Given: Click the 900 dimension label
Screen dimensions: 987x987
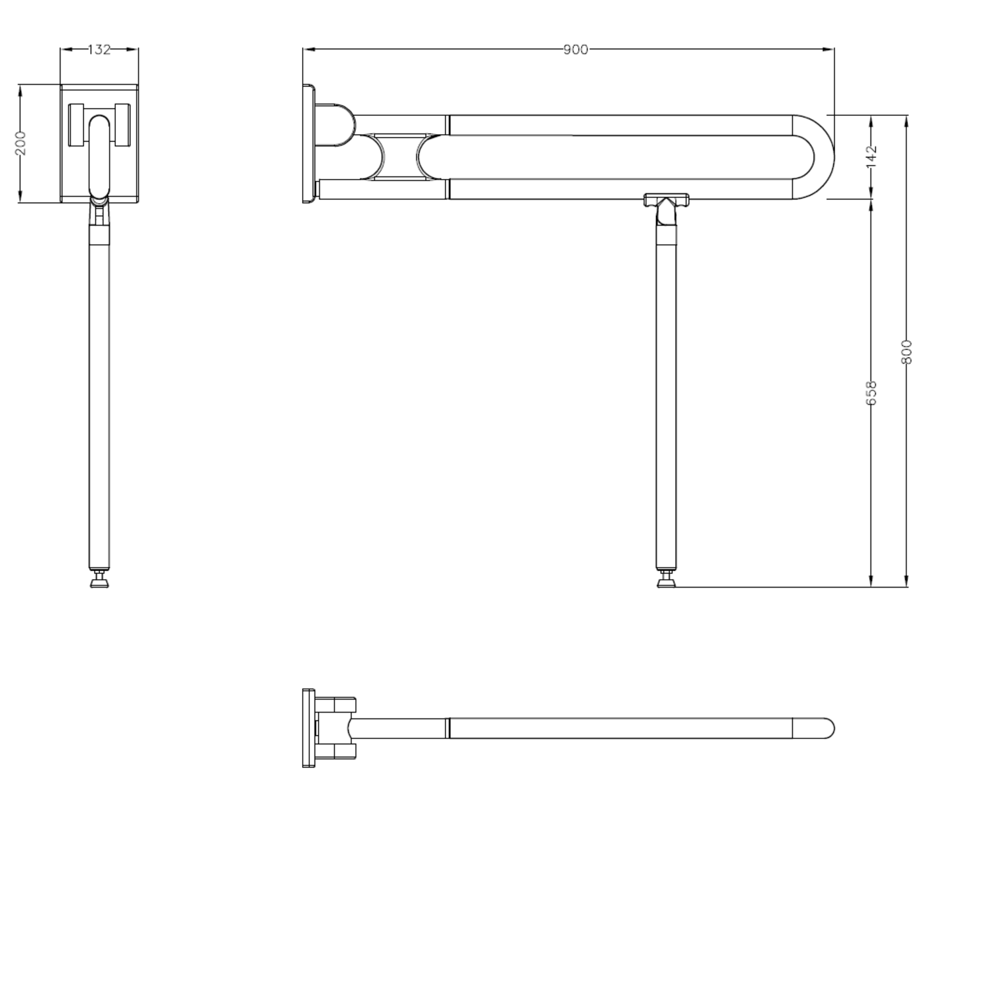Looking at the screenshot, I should [x=575, y=50].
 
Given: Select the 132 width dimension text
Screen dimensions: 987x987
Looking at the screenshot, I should [x=99, y=49].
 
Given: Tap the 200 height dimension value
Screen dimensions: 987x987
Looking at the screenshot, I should [x=21, y=143].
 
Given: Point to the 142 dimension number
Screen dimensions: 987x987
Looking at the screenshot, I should [x=872, y=157].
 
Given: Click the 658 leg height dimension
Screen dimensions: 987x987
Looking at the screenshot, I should [x=872, y=392].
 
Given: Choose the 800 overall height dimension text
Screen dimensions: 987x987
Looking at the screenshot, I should [x=907, y=351].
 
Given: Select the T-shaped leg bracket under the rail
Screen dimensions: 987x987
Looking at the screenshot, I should [x=666, y=200].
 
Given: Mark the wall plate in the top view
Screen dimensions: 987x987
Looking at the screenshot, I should [x=309, y=728].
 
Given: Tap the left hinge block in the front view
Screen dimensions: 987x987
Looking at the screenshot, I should [x=77, y=125].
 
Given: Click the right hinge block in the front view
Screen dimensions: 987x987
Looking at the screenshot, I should [x=122, y=125].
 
